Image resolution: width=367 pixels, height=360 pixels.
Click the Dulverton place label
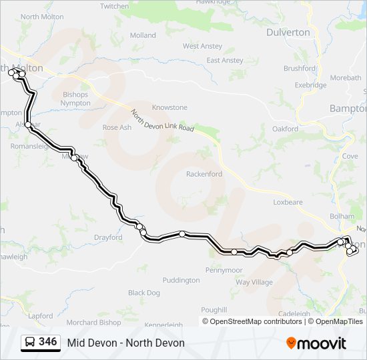pos(288,32)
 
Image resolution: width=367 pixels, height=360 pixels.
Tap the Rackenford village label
pos(204,174)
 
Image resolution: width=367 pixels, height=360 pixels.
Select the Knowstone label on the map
pos(169,107)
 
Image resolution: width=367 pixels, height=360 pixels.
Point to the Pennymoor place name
pos(224,270)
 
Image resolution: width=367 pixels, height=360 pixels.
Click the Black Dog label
pos(144,293)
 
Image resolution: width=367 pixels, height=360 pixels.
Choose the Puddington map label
pos(181,280)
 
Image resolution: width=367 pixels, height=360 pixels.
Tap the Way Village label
pos(254,282)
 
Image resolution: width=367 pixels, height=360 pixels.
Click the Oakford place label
pos(285,129)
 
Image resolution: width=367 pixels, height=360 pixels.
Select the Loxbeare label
pos(288,201)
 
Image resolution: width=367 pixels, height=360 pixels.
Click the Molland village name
pos(143,35)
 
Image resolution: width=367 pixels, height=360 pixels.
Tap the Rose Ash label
pos(116,127)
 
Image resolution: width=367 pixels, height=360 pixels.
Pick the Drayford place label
pos(108,237)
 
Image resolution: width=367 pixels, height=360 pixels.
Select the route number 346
pos(47,342)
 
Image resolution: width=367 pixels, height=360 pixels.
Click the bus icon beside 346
pos(31,343)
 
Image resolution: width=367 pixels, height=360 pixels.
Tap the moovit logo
pos(316,343)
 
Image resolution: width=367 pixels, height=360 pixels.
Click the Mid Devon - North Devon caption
pos(125,343)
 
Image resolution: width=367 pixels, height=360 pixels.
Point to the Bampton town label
pos(348,108)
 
